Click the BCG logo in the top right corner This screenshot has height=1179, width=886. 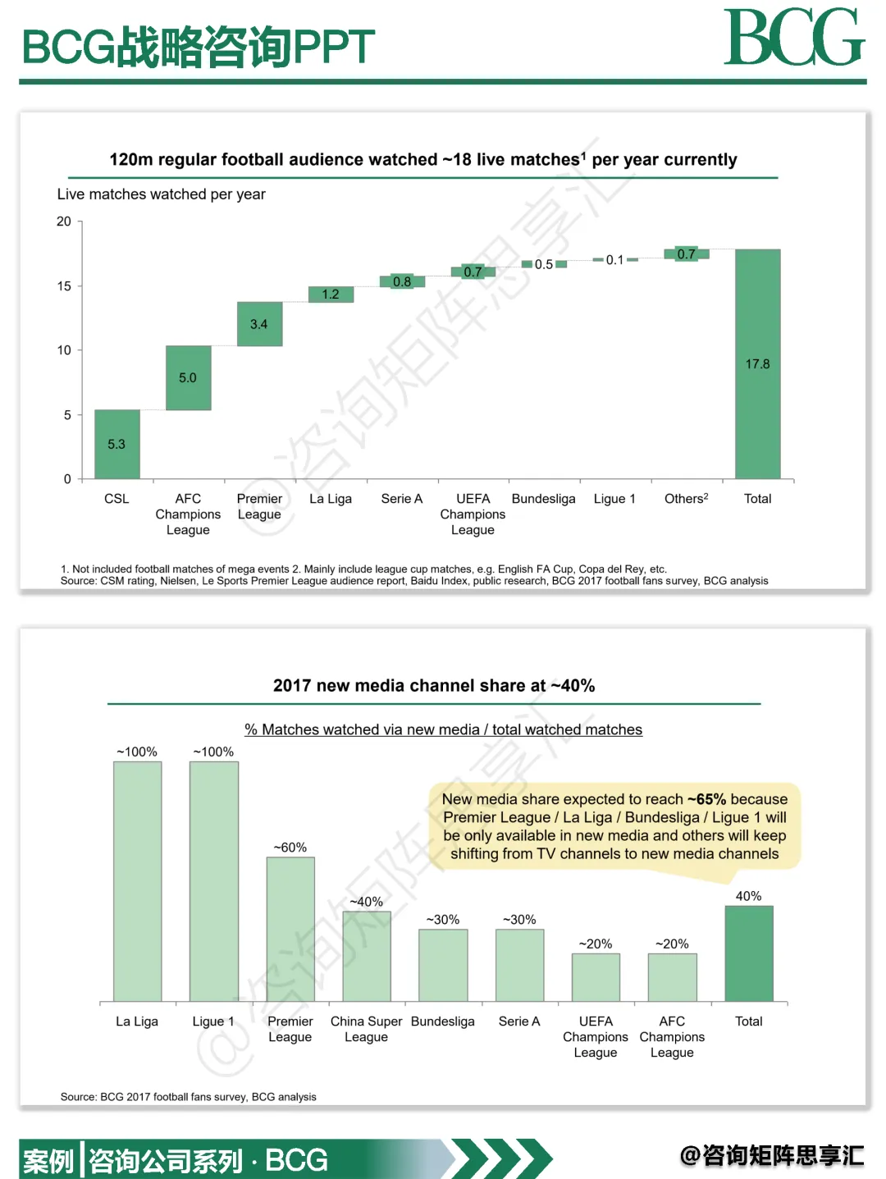(793, 38)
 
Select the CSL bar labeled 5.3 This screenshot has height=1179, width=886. (116, 444)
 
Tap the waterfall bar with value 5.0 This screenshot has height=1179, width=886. (188, 377)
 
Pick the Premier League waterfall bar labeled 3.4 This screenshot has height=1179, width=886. (259, 324)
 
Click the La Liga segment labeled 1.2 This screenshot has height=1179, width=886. (331, 295)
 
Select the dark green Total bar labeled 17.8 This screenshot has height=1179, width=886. (757, 363)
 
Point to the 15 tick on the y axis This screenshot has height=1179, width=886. (64, 286)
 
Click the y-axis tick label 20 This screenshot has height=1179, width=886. (64, 222)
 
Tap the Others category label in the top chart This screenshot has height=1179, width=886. (686, 499)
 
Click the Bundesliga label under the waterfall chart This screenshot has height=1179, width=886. (543, 499)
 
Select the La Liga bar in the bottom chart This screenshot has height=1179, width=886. (137, 881)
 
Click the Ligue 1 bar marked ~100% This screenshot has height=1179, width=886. (214, 881)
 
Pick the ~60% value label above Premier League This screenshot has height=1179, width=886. (290, 848)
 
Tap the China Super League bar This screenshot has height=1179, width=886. (367, 957)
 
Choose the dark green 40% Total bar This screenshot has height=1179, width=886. (748, 953)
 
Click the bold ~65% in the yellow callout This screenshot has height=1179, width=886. (706, 799)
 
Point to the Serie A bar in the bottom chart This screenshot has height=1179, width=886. (519, 965)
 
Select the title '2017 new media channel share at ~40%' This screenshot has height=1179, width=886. (434, 686)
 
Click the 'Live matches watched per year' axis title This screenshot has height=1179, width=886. (161, 194)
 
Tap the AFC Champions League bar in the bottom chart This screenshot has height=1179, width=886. (672, 977)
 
